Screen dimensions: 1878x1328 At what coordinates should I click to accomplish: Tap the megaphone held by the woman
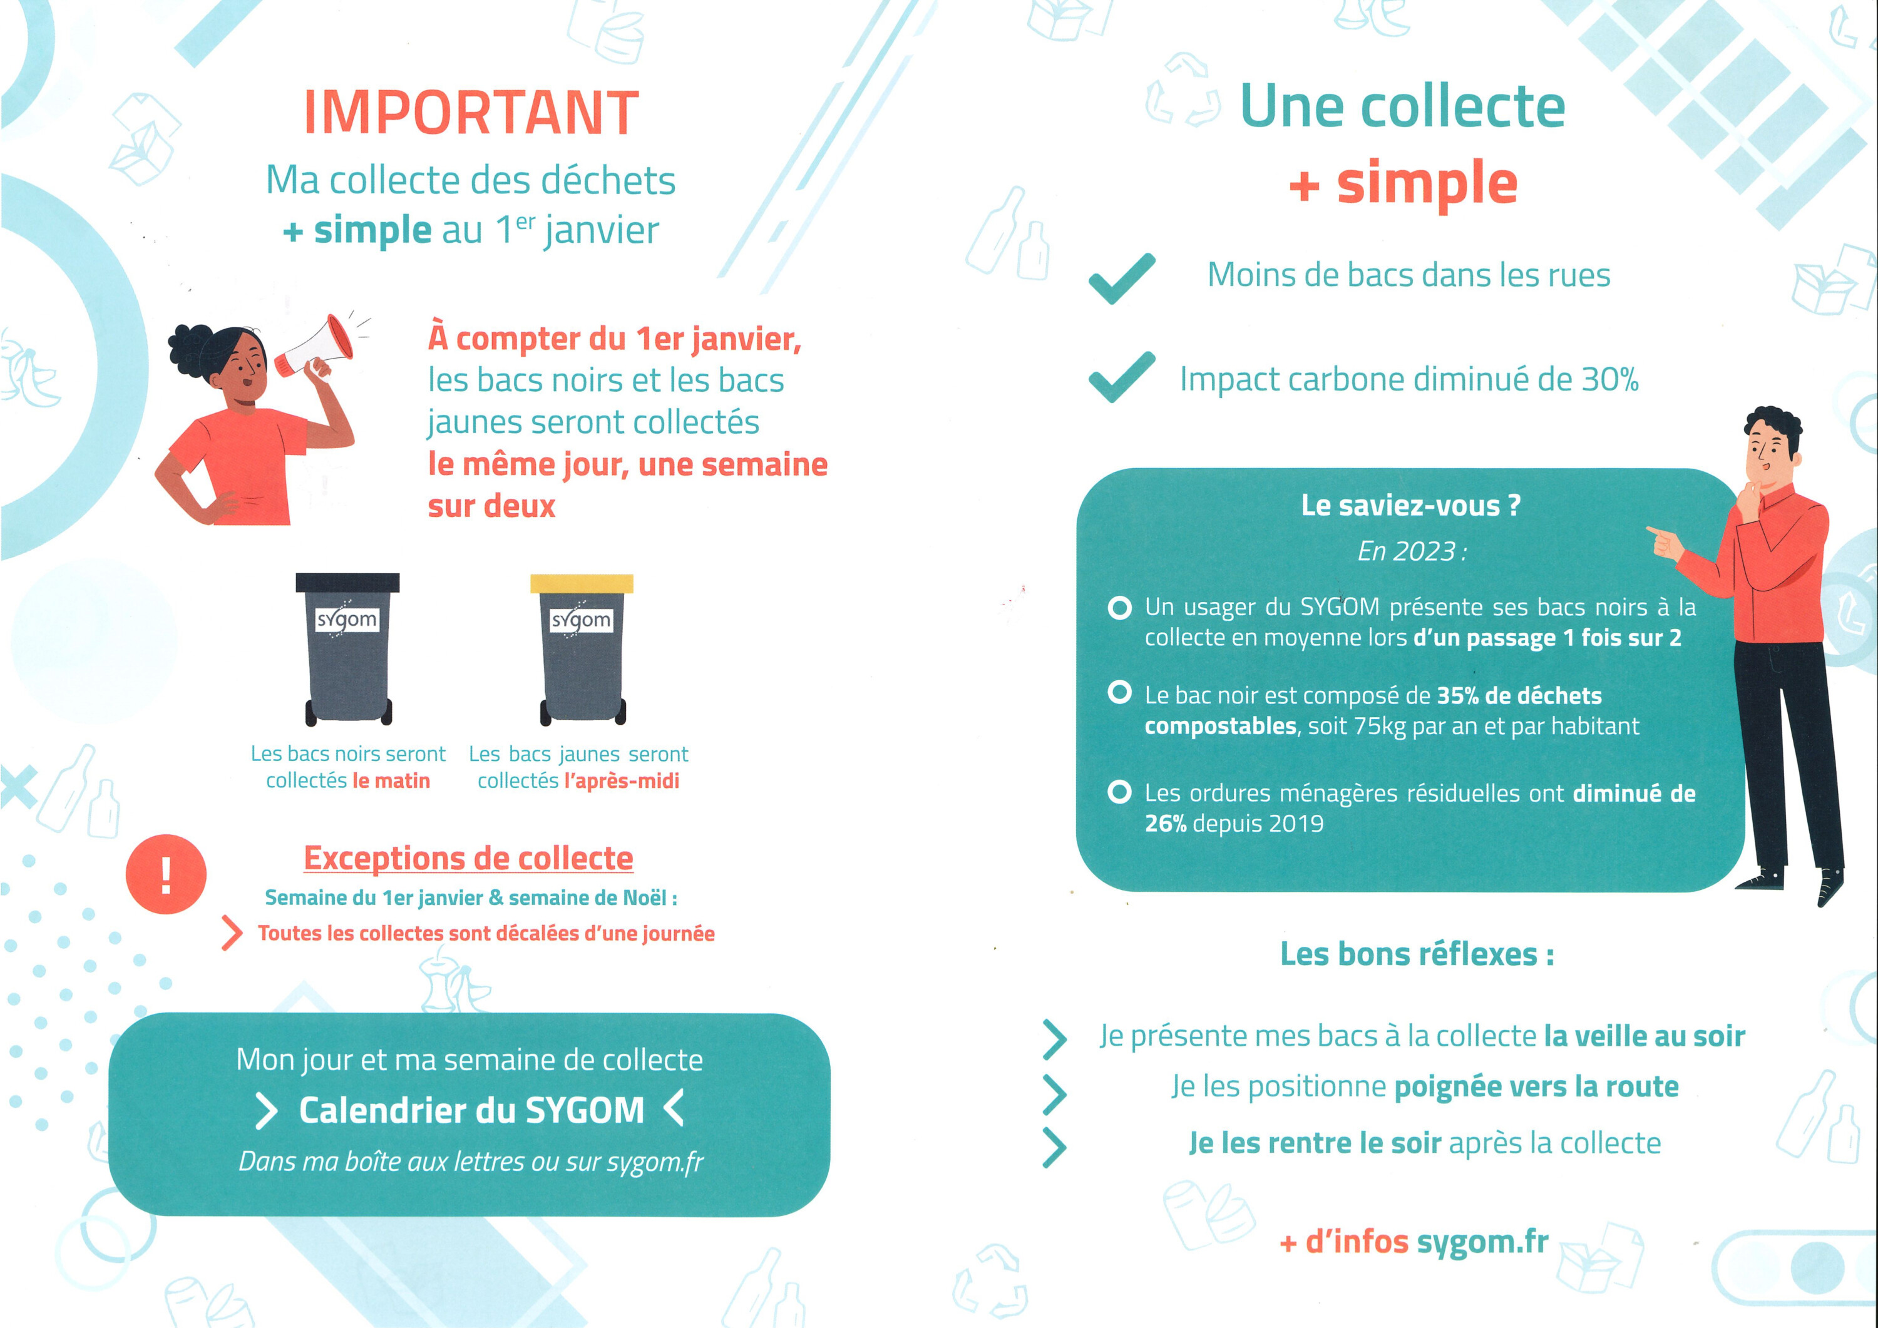coord(314,347)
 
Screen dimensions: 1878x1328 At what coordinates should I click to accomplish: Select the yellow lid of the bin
coord(582,583)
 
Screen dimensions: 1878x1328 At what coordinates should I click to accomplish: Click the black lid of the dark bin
coord(347,582)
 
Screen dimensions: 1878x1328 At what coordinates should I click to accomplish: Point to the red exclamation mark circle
coord(166,874)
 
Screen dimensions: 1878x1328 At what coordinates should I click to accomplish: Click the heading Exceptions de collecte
coord(469,858)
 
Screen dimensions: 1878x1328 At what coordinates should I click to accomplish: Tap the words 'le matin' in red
coord(391,781)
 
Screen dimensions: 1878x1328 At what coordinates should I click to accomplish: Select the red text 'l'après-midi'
coord(622,781)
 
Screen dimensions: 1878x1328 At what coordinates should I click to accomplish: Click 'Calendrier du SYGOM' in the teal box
coord(472,1110)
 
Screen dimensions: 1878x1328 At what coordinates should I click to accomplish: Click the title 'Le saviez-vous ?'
coord(1411,506)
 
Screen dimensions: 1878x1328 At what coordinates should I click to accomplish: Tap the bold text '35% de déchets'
coord(1519,695)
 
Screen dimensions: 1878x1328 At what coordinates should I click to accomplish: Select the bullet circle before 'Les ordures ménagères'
coord(1119,792)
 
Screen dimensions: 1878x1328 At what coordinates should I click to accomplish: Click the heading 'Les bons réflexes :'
coord(1417,954)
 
